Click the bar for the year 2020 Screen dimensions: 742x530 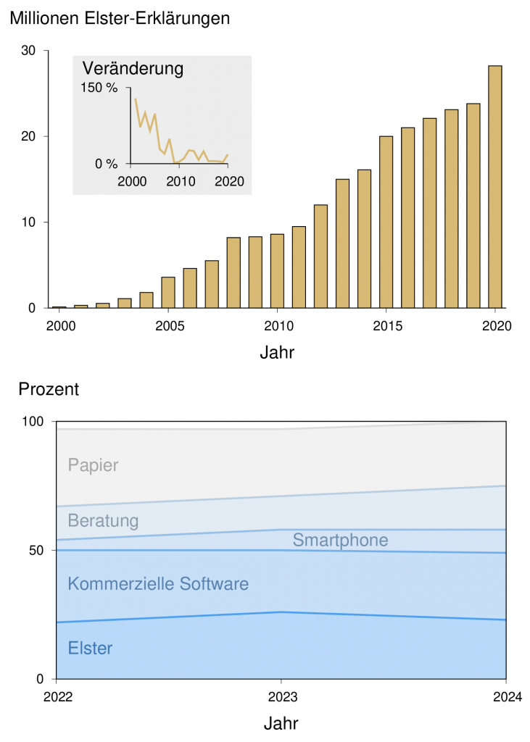494,187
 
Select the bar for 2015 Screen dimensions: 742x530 386,222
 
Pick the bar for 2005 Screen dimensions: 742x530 168,292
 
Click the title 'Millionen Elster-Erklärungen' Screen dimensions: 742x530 120,19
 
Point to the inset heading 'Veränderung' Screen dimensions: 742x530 133,70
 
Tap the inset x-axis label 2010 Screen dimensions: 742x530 181,180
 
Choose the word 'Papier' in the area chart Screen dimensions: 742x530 93,465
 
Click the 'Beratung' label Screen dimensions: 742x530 103,520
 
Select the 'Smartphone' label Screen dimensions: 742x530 340,540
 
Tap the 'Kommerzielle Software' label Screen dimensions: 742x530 158,584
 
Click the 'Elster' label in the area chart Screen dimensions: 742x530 90,649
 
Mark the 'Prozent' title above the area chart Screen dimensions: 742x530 49,389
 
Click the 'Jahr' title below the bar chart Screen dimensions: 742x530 277,354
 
